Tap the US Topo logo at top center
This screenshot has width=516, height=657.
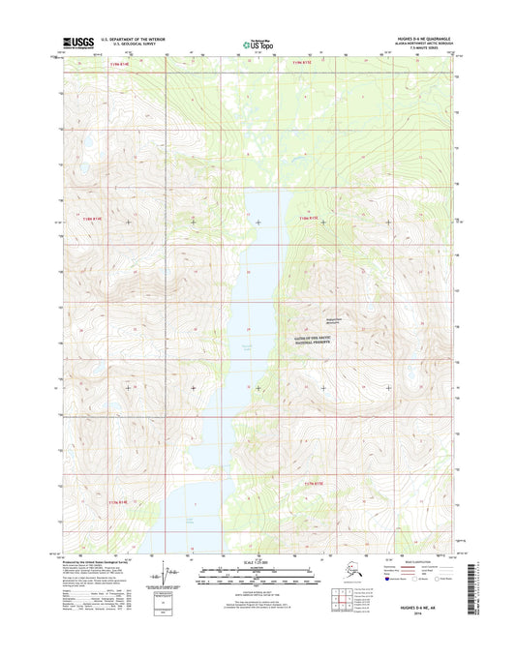click(x=256, y=44)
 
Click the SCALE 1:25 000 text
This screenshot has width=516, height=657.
click(x=257, y=563)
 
